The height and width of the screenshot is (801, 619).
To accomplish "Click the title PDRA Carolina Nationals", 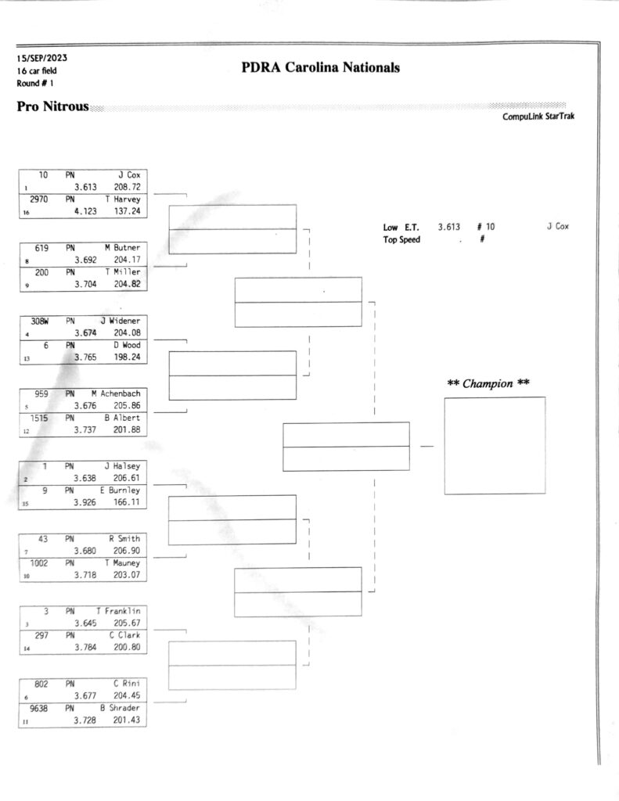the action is [x=321, y=67].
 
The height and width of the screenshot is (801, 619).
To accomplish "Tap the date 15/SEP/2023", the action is [x=41, y=58].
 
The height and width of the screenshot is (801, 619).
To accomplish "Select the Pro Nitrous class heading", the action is [x=52, y=106].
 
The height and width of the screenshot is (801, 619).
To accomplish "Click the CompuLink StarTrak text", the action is [x=538, y=117].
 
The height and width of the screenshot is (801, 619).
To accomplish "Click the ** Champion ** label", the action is [x=488, y=383].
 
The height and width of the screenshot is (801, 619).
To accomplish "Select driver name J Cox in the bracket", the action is [x=129, y=174].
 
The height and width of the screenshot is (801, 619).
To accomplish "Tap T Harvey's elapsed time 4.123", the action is [x=85, y=211].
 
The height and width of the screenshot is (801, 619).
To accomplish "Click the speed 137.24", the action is [x=128, y=211].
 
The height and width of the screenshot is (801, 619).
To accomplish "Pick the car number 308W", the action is [x=39, y=321].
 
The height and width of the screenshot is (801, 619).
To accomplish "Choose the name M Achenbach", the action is [x=116, y=393].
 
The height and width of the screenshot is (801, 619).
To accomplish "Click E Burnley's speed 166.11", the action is [x=126, y=502].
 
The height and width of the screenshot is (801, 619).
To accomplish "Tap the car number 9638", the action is [x=38, y=708].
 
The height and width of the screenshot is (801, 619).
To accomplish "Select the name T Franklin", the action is [x=118, y=611].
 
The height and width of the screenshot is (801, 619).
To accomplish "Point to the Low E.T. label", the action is [x=401, y=228].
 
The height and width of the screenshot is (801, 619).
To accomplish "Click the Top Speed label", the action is [x=401, y=239].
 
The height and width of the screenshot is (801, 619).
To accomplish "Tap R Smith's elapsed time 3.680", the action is [x=85, y=551].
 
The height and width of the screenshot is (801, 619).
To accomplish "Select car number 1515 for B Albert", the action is [x=39, y=418].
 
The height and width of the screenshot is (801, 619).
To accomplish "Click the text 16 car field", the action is [x=37, y=71].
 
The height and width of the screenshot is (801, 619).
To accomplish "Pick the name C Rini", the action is [x=127, y=684].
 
